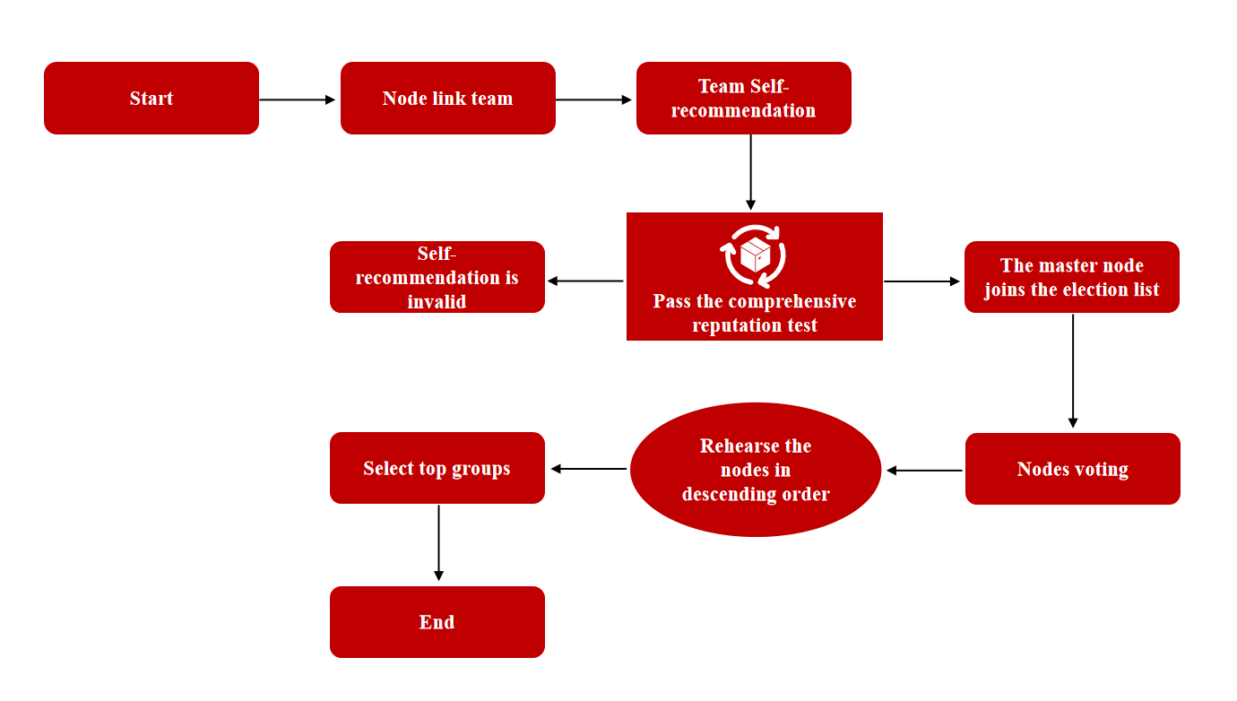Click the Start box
tap(151, 99)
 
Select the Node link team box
tap(448, 99)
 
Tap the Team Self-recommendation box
tap(744, 99)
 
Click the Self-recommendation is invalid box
tap(437, 277)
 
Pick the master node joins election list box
tap(1072, 277)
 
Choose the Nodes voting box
tap(1073, 469)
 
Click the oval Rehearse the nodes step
tap(756, 470)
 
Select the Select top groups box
tap(437, 468)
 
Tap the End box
tap(437, 622)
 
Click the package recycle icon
tap(755, 255)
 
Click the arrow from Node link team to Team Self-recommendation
tap(594, 100)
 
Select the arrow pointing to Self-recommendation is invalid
tap(585, 281)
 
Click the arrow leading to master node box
tap(922, 281)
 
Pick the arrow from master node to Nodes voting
tap(1073, 371)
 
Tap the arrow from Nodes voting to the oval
tap(924, 471)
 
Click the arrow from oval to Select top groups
tap(588, 469)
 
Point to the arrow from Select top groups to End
tap(438, 543)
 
